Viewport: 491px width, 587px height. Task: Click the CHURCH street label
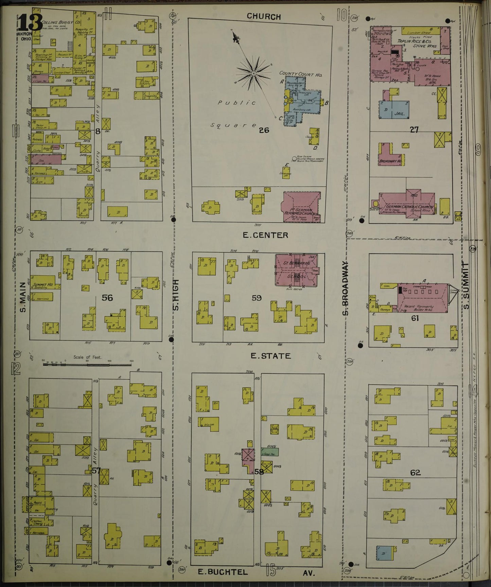(x=264, y=16)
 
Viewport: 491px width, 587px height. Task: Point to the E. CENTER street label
(x=265, y=235)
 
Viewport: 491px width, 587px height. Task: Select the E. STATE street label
(x=270, y=356)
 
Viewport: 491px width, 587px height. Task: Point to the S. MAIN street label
(x=23, y=297)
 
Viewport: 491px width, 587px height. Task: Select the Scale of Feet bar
(x=87, y=364)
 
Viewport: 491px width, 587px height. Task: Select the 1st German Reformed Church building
(x=301, y=207)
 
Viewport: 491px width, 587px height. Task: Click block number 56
(x=107, y=298)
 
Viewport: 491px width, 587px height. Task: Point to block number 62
(x=415, y=472)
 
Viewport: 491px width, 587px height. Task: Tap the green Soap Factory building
(x=270, y=452)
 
